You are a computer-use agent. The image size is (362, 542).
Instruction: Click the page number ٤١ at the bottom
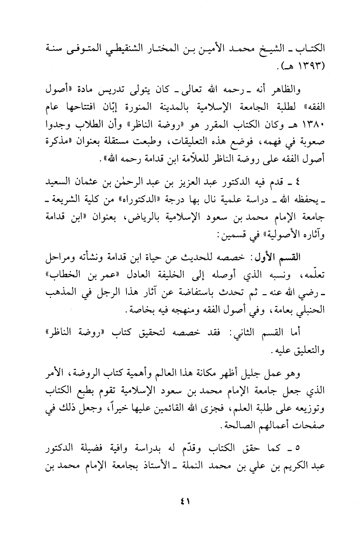181,501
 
